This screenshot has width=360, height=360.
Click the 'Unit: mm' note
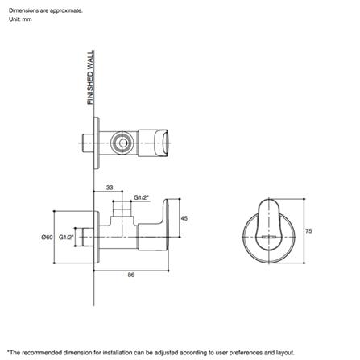point(20,19)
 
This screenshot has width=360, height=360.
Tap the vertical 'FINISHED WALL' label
point(90,77)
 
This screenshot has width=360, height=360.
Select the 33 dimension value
point(110,187)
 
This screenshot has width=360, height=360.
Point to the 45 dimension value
point(184,218)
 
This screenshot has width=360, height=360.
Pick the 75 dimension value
point(308,230)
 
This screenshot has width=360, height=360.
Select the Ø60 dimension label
point(47,238)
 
